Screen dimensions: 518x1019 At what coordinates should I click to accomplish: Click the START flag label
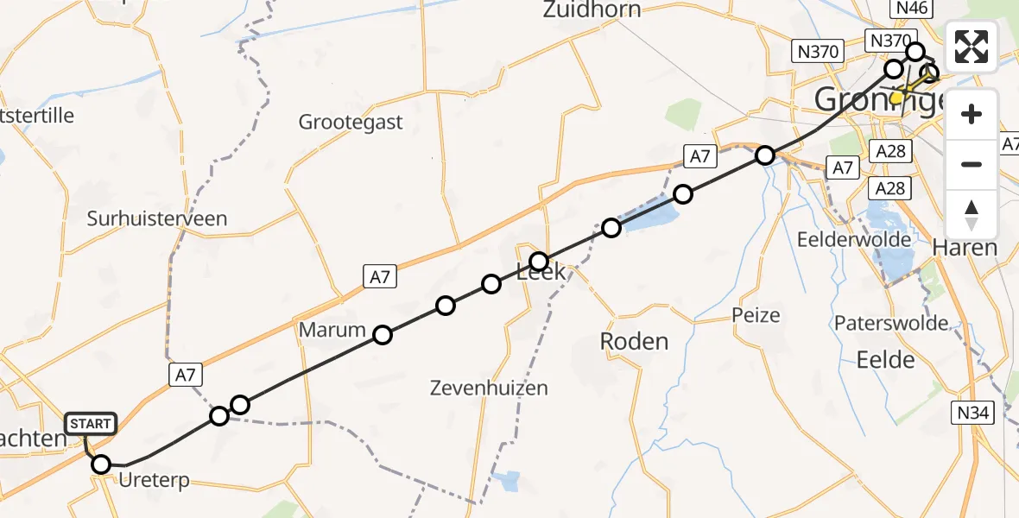(x=90, y=424)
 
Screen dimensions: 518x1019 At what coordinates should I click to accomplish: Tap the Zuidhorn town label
(x=592, y=10)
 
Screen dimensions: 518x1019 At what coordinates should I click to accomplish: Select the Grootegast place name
(x=351, y=123)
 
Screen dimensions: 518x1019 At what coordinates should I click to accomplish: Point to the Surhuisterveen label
(x=157, y=218)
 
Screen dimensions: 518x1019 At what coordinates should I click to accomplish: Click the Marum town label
(x=332, y=330)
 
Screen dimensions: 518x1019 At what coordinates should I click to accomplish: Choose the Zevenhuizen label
(x=489, y=388)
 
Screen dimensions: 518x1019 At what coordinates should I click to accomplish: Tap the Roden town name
(x=634, y=342)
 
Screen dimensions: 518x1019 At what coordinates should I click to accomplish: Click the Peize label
(x=756, y=315)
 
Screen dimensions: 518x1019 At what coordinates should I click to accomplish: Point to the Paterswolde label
(x=891, y=324)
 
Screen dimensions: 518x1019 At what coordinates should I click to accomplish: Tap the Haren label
(x=965, y=249)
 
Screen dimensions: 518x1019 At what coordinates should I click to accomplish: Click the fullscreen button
(x=972, y=47)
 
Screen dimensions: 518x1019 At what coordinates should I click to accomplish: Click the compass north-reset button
(x=972, y=215)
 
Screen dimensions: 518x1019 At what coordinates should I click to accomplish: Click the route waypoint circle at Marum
(x=382, y=335)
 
